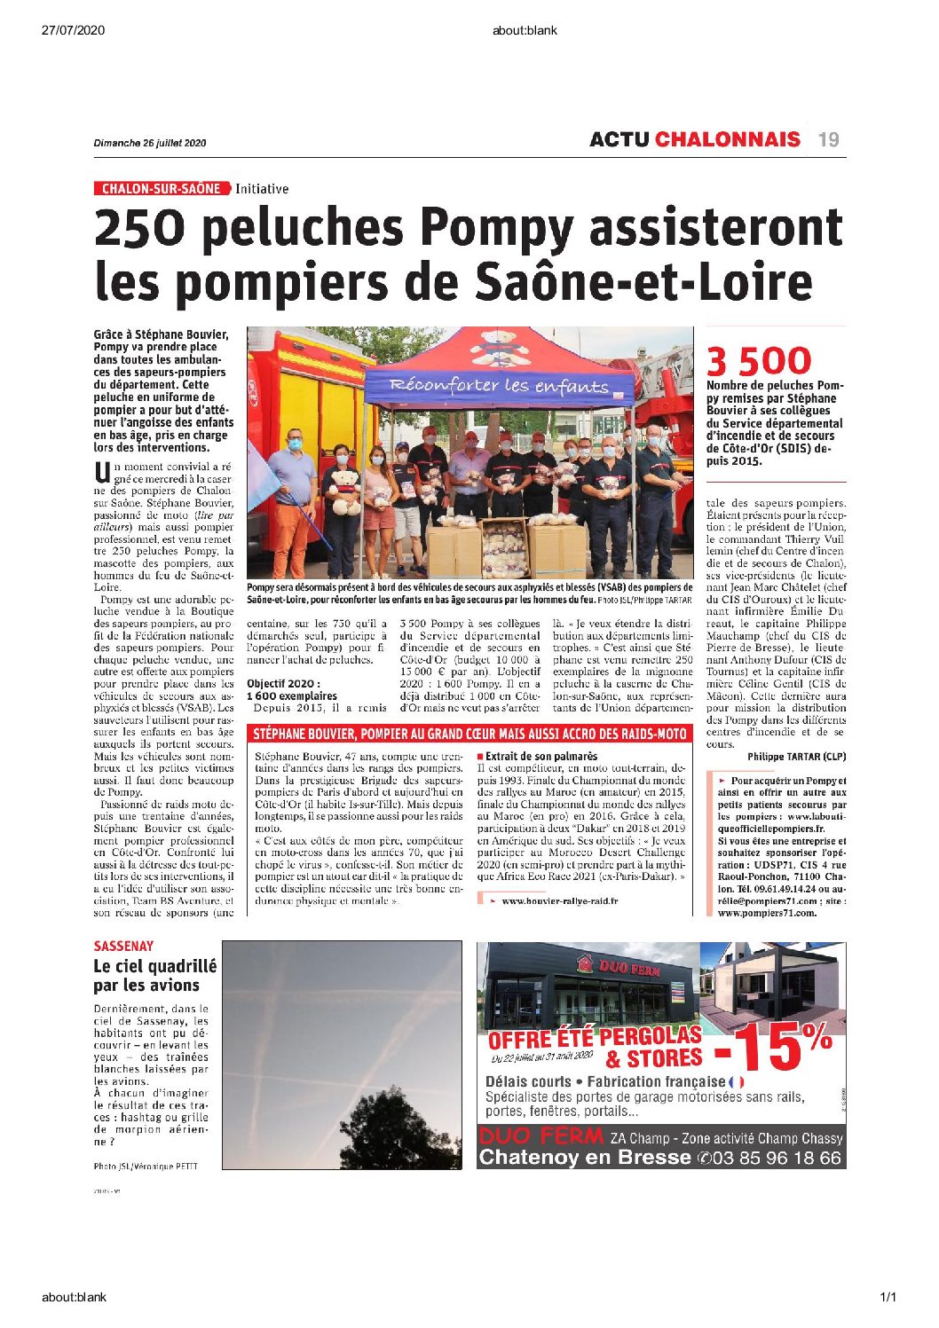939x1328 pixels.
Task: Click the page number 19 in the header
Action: click(829, 139)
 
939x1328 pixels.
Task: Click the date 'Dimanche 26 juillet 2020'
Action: click(150, 143)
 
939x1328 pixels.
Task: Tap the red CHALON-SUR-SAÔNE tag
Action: click(162, 189)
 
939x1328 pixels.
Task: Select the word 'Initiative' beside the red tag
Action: click(262, 189)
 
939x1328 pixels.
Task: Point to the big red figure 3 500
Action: click(759, 361)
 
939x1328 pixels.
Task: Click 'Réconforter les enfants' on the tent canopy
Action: click(500, 385)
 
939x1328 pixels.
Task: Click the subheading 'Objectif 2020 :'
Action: click(283, 684)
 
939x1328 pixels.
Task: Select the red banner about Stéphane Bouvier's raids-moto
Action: click(469, 734)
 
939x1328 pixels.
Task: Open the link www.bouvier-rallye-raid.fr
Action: click(559, 901)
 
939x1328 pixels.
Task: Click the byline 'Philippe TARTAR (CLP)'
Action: click(796, 757)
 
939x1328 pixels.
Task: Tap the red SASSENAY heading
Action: click(123, 947)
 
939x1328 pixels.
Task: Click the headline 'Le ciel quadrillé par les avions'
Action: click(154, 976)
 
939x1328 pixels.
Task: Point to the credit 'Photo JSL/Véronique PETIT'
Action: click(146, 1166)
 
